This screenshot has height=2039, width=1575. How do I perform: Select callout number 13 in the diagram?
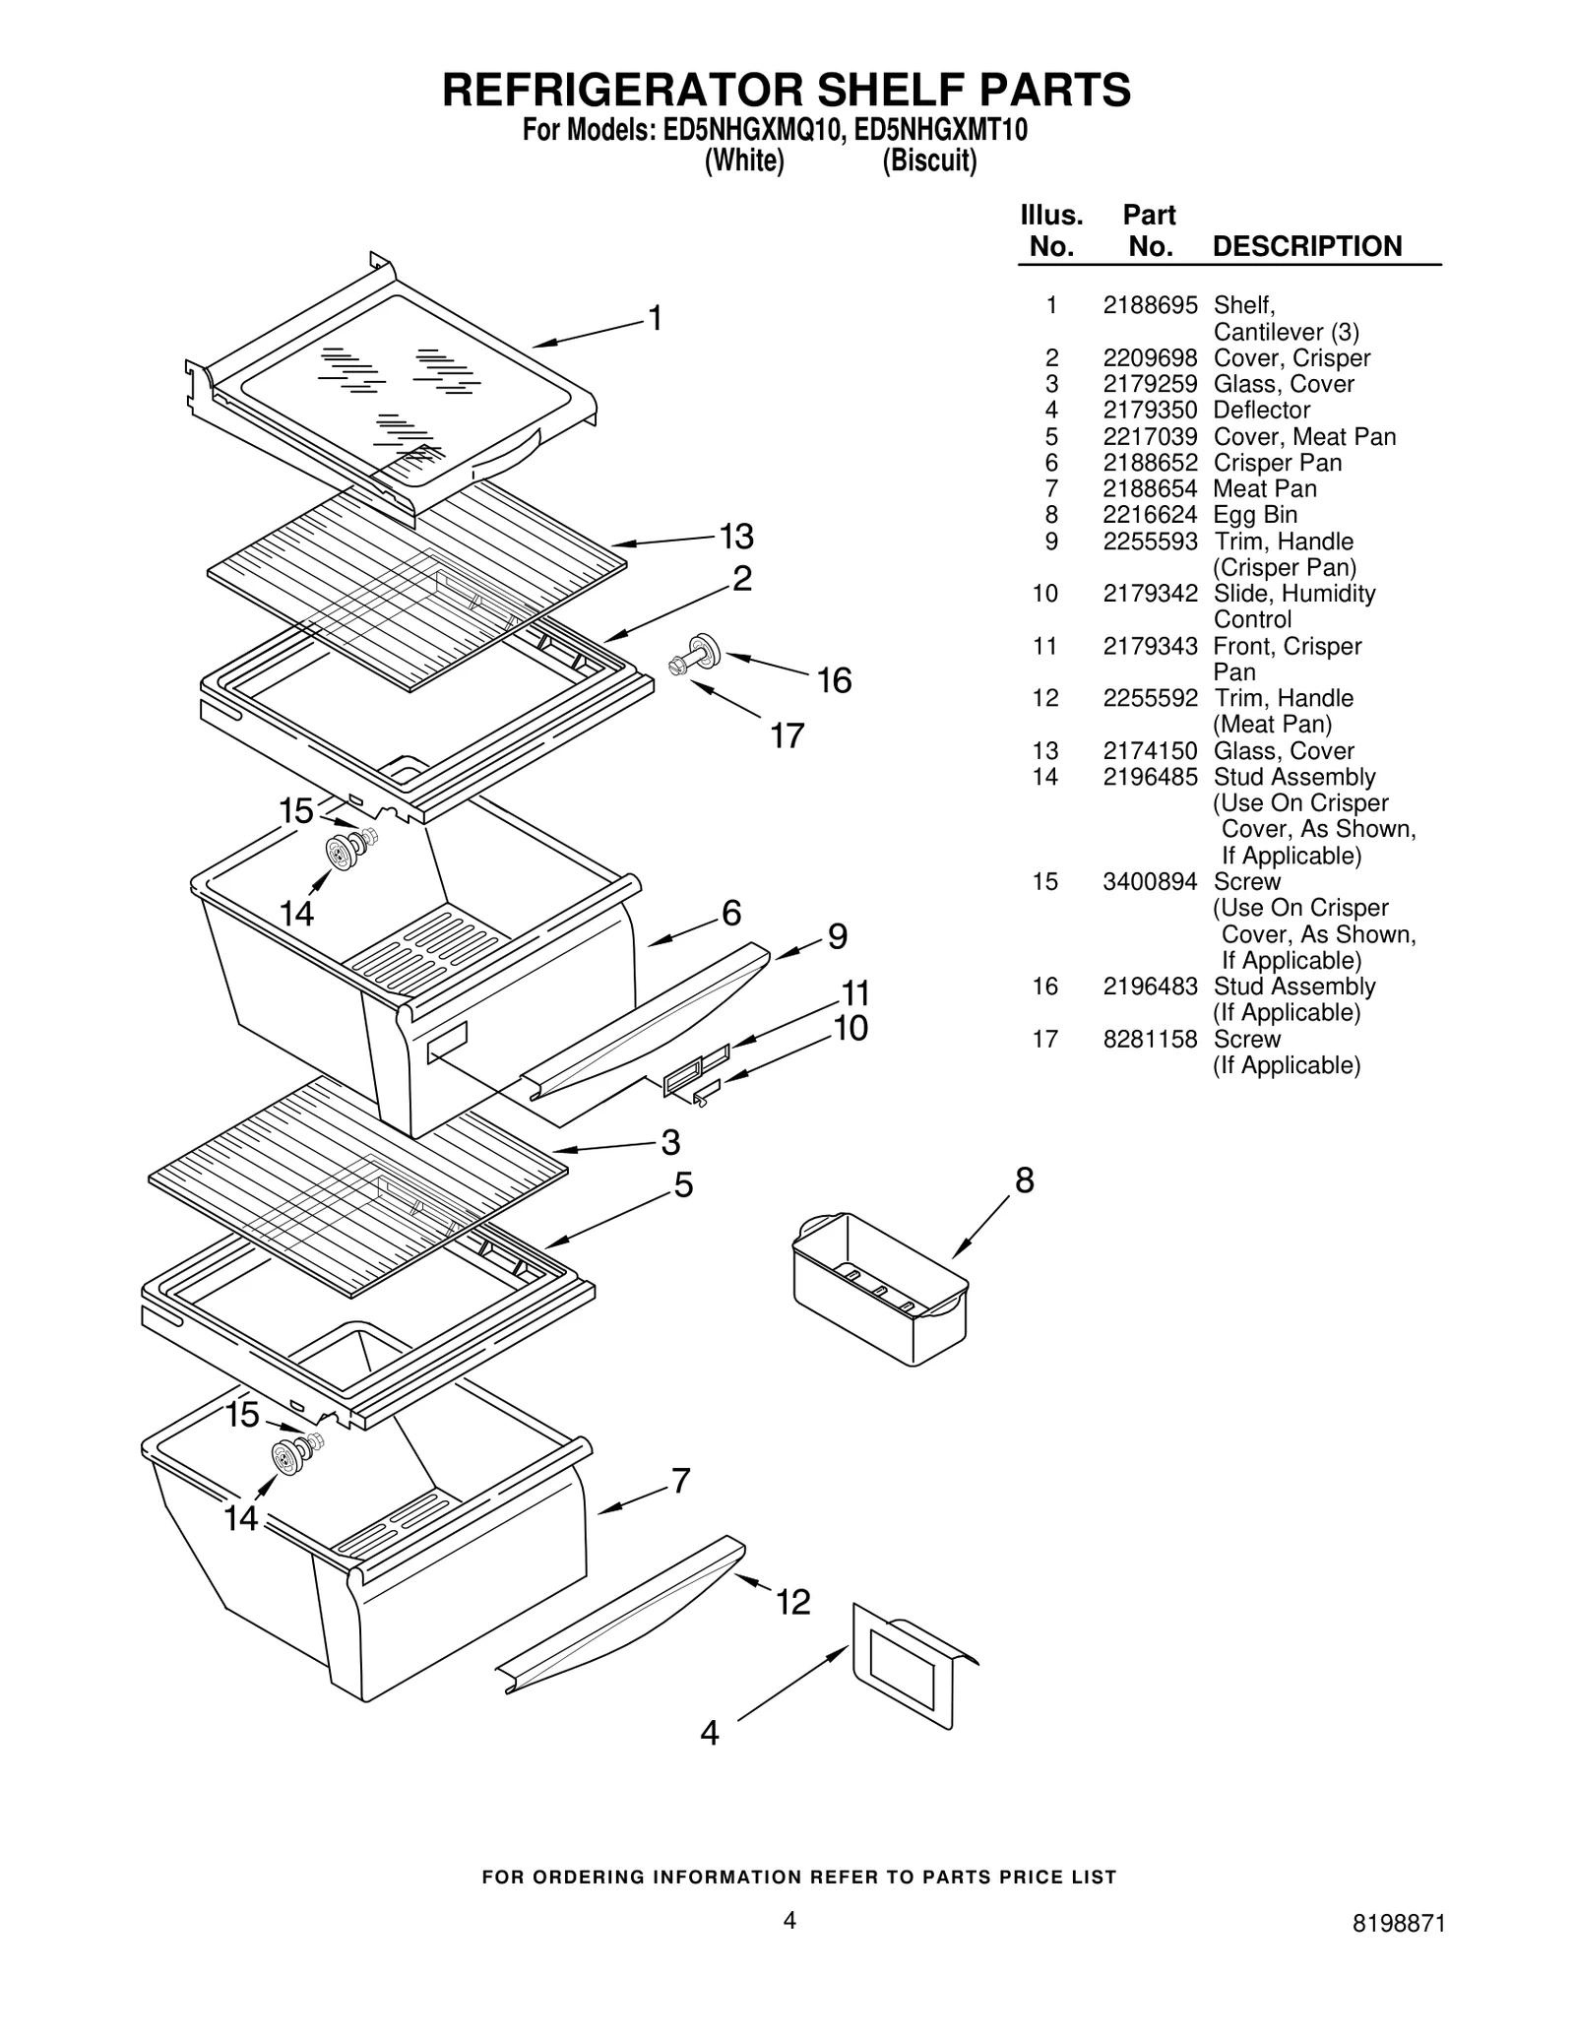735,537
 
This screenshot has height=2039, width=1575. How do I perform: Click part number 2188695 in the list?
1149,305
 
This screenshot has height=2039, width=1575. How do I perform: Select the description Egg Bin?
1254,515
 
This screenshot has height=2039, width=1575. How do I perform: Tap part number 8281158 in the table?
1149,1039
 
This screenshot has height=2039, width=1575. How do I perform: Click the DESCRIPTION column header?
1306,246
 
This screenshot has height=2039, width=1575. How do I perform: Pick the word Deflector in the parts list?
1261,410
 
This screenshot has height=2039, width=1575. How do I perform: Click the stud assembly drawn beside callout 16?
697,657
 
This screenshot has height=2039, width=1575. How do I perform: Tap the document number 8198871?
1398,1951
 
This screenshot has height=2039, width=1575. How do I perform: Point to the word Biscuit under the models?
928,160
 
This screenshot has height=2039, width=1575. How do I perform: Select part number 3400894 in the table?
1149,882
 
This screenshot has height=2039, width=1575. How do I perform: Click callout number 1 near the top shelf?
655,318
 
